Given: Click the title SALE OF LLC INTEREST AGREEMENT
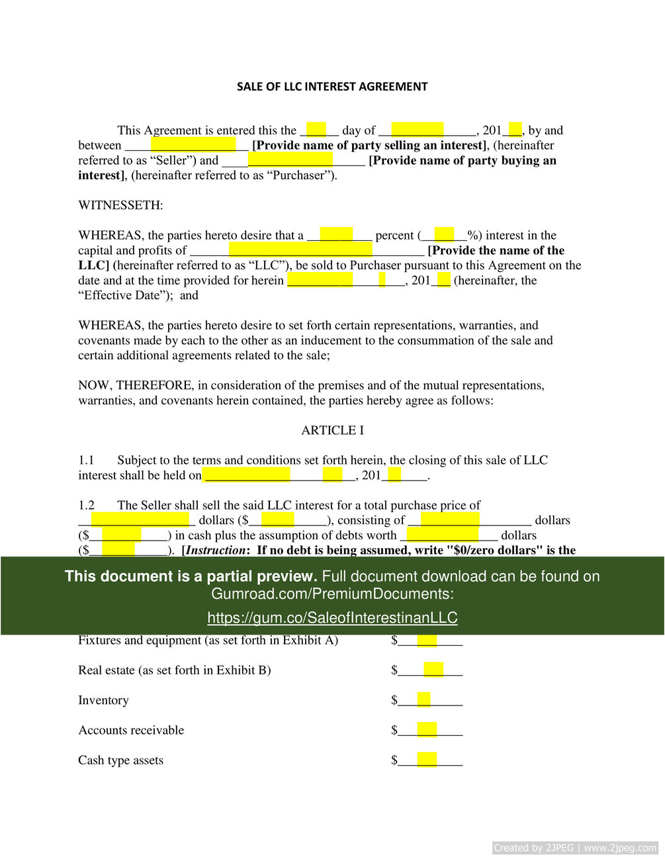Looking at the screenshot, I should [x=332, y=87].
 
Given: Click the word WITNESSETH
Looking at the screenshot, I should [x=120, y=205].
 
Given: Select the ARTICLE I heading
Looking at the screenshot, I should [x=332, y=430].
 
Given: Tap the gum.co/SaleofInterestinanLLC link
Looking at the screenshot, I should [x=332, y=617].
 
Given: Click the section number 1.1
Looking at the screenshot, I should [x=86, y=460].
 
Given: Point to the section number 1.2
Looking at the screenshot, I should [x=86, y=505].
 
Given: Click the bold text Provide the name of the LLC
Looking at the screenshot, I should [x=496, y=251].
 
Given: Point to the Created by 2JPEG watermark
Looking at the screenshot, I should [x=575, y=848].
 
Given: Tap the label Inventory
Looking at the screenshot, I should [x=103, y=700].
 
